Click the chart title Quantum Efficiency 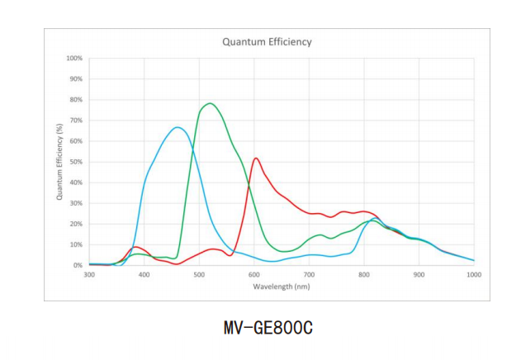(x=267, y=41)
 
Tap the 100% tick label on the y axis (x=74, y=59)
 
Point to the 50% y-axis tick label (x=76, y=162)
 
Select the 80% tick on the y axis (x=76, y=100)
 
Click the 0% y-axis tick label (x=78, y=265)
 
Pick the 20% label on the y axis (x=76, y=224)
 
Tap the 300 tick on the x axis (x=89, y=275)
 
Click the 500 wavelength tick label (x=199, y=275)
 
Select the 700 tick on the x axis (x=309, y=275)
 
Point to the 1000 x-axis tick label (x=474, y=275)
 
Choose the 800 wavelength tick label (x=364, y=275)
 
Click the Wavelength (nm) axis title (x=282, y=286)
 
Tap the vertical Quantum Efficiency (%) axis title (x=59, y=162)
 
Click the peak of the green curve (x=210, y=103)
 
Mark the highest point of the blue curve (x=178, y=127)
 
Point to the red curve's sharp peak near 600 (x=256, y=158)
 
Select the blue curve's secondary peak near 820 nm (x=376, y=218)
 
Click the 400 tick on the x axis (x=144, y=275)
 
